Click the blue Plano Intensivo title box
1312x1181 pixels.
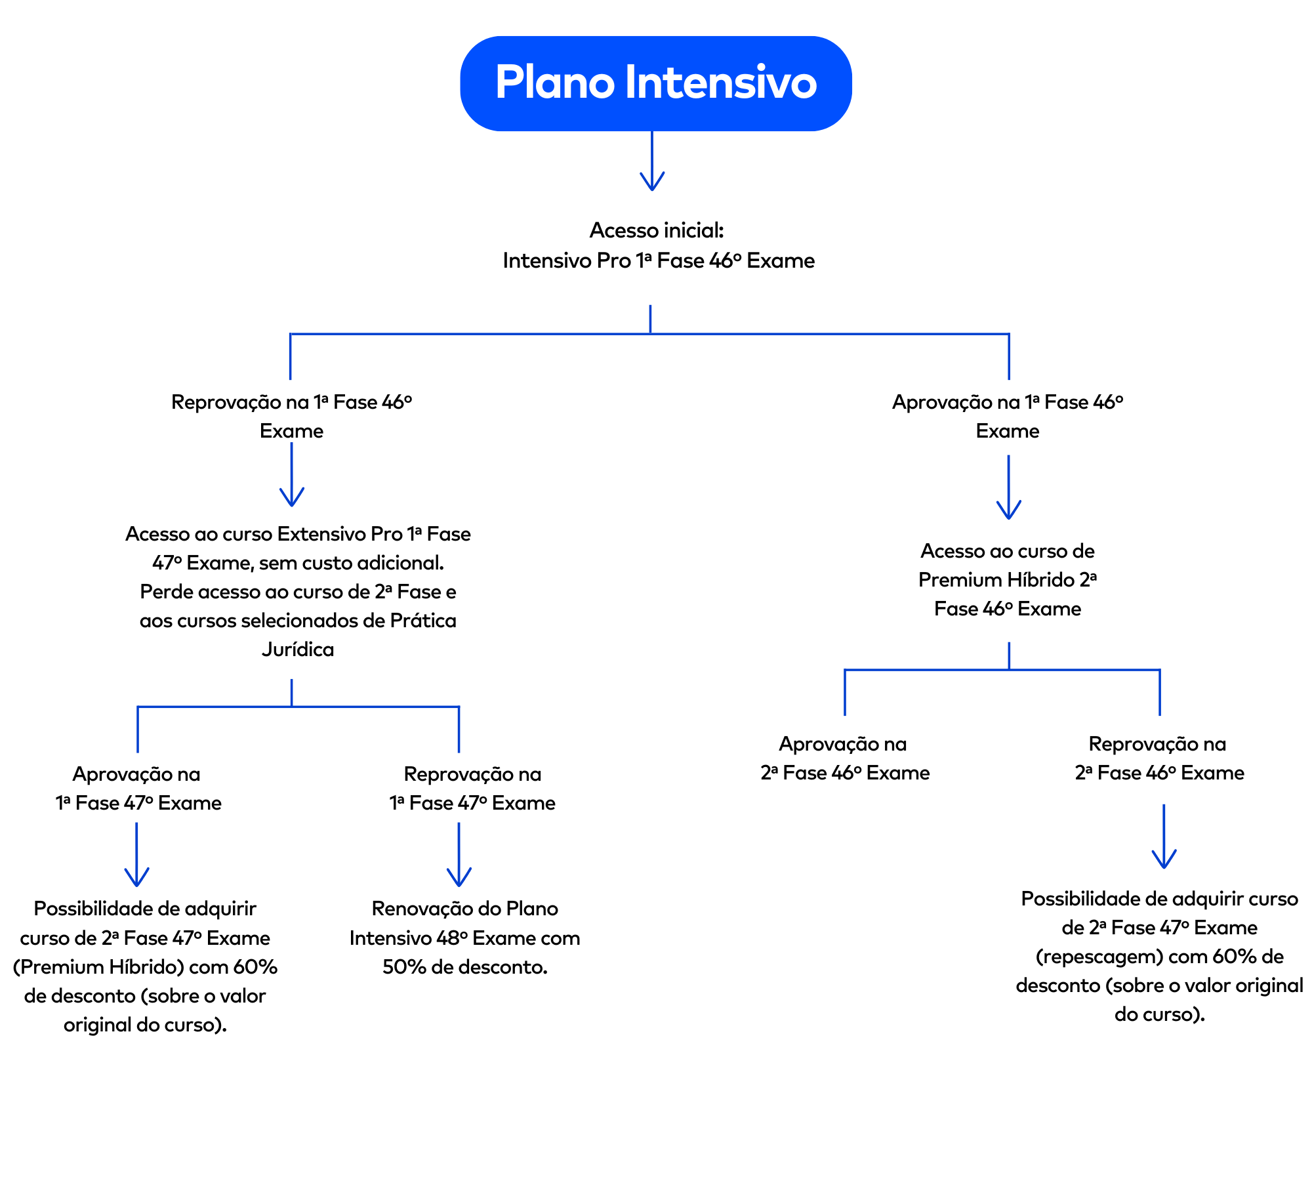pyautogui.click(x=655, y=83)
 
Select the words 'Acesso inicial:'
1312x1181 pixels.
pyautogui.click(x=657, y=230)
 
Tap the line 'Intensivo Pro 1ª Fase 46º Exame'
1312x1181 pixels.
pyautogui.click(x=659, y=260)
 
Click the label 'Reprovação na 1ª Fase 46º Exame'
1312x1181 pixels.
pyautogui.click(x=291, y=416)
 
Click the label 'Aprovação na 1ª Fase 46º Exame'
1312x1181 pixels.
pyautogui.click(x=1008, y=416)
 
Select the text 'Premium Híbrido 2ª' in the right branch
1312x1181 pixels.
pyautogui.click(x=1008, y=580)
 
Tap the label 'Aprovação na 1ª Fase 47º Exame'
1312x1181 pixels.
pyautogui.click(x=138, y=788)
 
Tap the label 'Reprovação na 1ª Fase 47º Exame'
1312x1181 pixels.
pyautogui.click(x=472, y=788)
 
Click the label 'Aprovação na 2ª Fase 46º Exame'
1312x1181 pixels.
pyautogui.click(x=844, y=758)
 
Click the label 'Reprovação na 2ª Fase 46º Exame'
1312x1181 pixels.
pyautogui.click(x=1159, y=758)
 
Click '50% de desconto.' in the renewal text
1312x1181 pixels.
pyautogui.click(x=464, y=967)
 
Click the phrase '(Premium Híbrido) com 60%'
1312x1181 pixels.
pyautogui.click(x=145, y=967)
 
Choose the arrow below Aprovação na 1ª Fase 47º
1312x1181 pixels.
pyautogui.click(x=136, y=856)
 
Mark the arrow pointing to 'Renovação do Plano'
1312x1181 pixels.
pyautogui.click(x=459, y=856)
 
